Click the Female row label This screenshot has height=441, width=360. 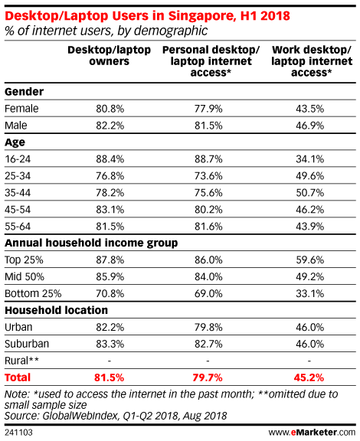pos(21,109)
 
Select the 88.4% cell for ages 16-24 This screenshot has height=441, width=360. pos(110,159)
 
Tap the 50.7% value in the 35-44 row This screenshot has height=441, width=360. pos(309,193)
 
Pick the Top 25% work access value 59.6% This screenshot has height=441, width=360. pos(309,260)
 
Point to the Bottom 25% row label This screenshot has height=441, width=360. pos(33,294)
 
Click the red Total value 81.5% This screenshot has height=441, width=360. pos(110,377)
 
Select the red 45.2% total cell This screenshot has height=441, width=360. pos(309,377)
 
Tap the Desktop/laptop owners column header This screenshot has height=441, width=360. pos(110,55)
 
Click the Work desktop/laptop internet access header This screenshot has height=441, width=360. pos(312,61)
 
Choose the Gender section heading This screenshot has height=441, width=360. pos(25,92)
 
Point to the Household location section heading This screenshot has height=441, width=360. pos(56,310)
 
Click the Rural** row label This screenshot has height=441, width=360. pos(21,361)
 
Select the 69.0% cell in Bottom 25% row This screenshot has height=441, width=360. pos(208,294)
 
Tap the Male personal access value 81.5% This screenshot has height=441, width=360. pos(208,126)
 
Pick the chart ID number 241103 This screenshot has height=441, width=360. pos(18,433)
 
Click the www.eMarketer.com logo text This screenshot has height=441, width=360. pos(312,433)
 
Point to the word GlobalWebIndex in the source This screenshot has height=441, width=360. pos(80,416)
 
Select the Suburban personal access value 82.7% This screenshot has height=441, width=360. pos(208,344)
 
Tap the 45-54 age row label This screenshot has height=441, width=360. pos(18,210)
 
